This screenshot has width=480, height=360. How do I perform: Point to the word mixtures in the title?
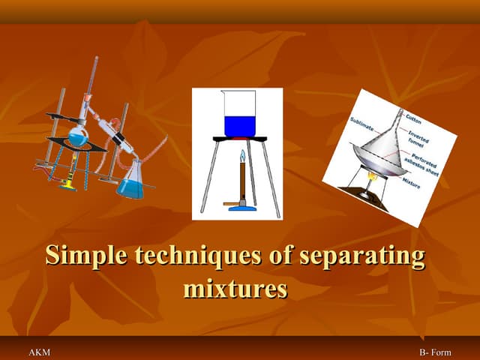coord(235,288)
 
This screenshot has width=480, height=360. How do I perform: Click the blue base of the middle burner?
coord(241,206)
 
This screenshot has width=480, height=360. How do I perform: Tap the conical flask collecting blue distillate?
coord(130,184)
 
